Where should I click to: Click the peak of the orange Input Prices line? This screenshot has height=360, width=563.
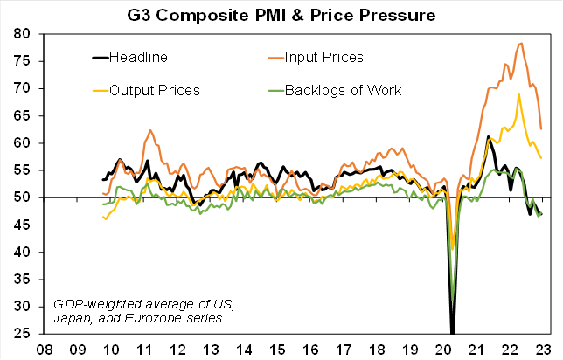click(521, 43)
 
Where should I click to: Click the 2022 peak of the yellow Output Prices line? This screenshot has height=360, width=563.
click(519, 94)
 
